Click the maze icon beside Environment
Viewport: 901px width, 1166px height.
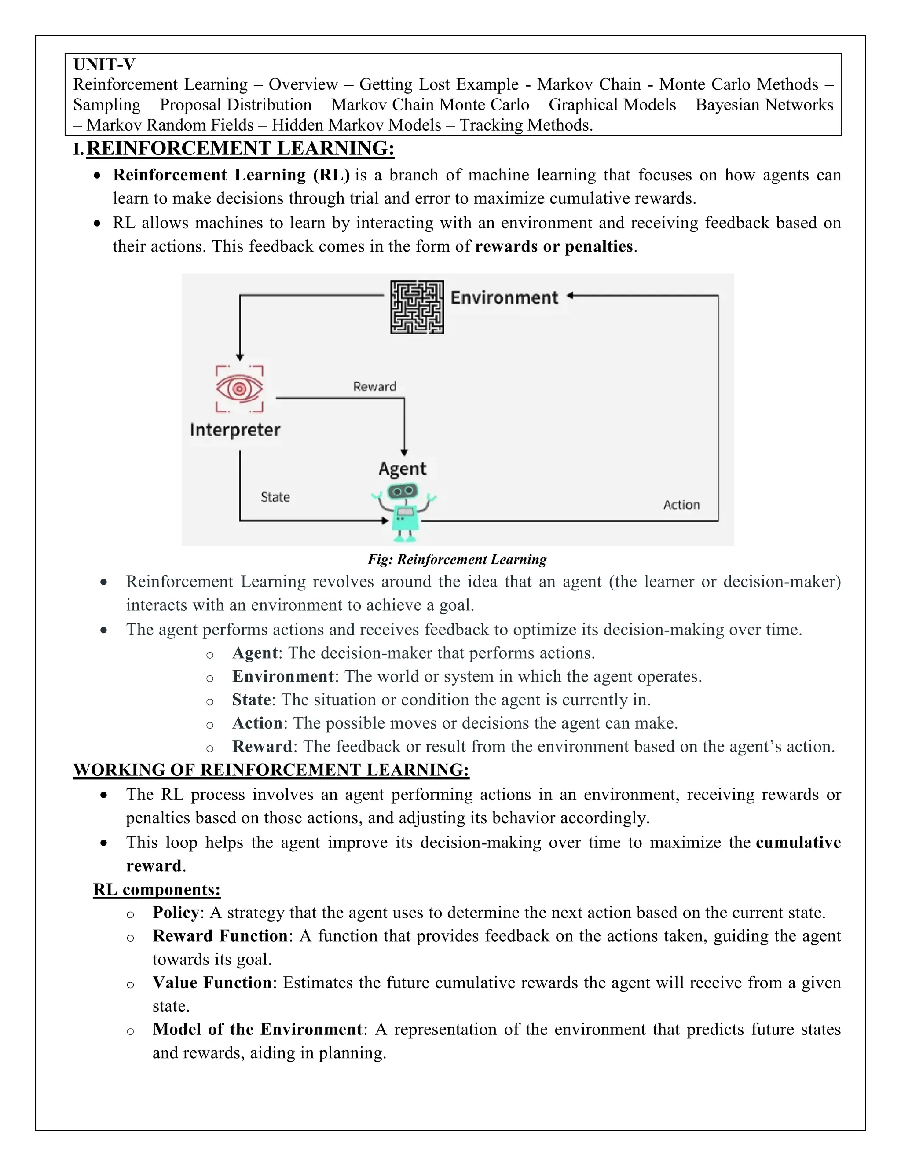coord(417,307)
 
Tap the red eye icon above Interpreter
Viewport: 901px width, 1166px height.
coord(240,389)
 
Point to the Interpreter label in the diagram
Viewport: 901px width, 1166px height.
coord(235,430)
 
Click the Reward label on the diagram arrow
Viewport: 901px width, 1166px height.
coord(375,386)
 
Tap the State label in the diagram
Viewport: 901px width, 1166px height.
coord(275,497)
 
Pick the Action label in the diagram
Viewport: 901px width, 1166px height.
coord(681,505)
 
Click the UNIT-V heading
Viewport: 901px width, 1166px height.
coord(104,64)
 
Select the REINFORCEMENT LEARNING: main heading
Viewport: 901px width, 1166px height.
coord(240,148)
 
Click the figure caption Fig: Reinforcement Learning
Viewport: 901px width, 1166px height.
coord(457,560)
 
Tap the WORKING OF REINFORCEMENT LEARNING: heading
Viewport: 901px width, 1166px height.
coord(271,770)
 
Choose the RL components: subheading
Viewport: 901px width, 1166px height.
coord(157,889)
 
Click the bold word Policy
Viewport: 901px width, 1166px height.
coord(176,913)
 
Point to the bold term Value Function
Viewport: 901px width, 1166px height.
coord(212,983)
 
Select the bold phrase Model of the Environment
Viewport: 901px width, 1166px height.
coord(257,1029)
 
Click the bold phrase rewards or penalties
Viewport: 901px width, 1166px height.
coord(553,247)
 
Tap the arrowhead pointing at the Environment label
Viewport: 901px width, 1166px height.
coord(570,295)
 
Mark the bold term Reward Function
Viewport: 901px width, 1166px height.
coord(220,936)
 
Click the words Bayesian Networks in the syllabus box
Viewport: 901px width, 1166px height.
coord(764,105)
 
